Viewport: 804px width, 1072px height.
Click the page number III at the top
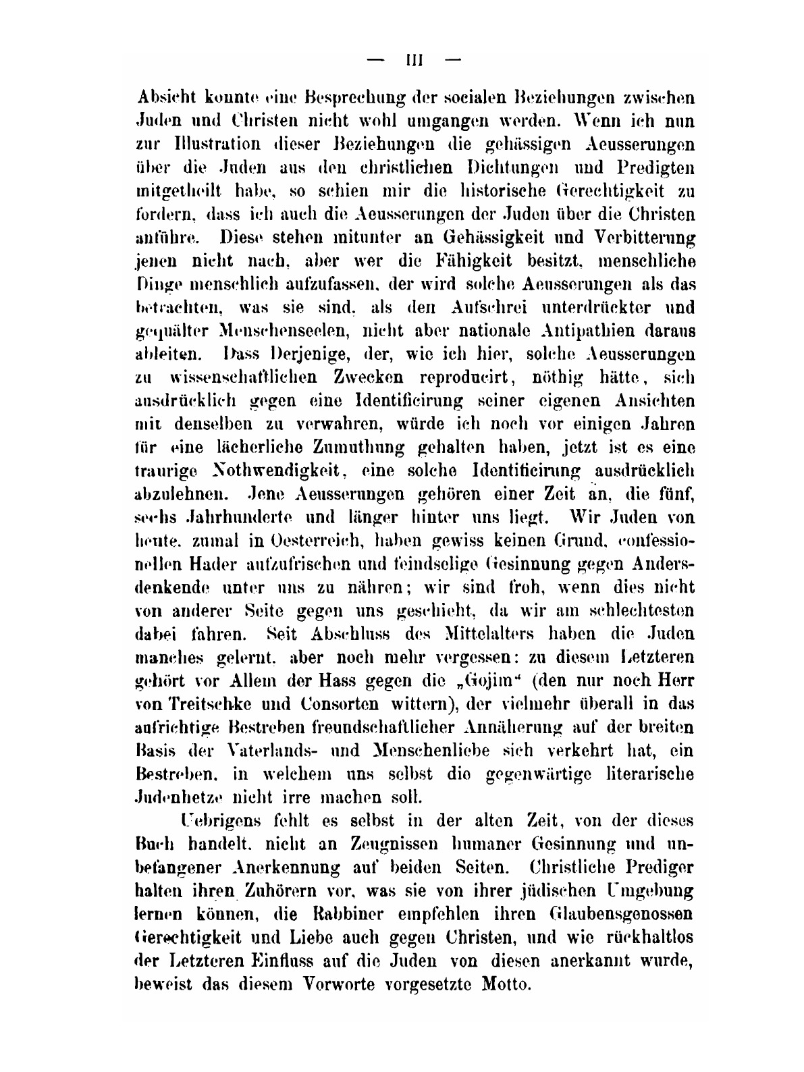coord(412,60)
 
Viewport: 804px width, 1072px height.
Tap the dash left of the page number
coord(375,60)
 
